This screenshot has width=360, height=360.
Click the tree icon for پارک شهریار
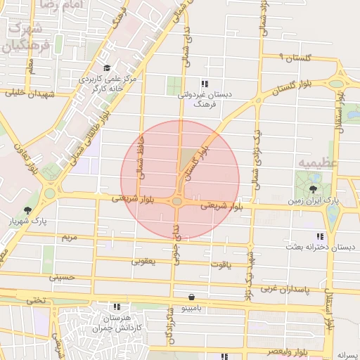pyautogui.click(x=27, y=210)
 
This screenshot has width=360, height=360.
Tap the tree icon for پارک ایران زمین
pyautogui.click(x=313, y=188)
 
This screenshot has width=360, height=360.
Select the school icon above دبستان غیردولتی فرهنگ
pyautogui.click(x=205, y=83)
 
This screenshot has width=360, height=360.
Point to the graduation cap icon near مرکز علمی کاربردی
pyautogui.click(x=107, y=68)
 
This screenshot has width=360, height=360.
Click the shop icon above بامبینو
pyautogui.click(x=192, y=297)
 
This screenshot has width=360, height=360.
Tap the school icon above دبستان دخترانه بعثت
pyautogui.click(x=320, y=236)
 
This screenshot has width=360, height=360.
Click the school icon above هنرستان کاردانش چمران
pyautogui.click(x=117, y=307)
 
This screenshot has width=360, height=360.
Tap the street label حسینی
pyautogui.click(x=62, y=278)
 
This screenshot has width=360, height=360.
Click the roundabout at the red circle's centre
pyautogui.click(x=176, y=202)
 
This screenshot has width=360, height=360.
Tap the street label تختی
pyautogui.click(x=35, y=300)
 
